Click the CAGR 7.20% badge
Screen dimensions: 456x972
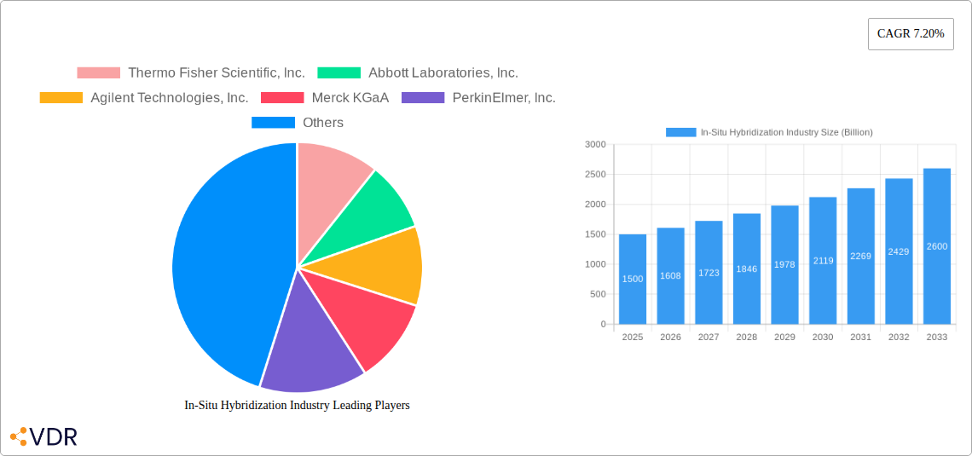[x=910, y=34]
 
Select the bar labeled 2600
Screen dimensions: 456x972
[x=937, y=246]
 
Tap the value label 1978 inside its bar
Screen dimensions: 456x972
[x=784, y=265]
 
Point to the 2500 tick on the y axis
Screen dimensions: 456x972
[x=595, y=175]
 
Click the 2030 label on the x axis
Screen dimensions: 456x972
[x=823, y=338]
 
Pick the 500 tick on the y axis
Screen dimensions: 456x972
[x=598, y=295]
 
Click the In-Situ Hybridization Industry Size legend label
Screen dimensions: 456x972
[x=785, y=132]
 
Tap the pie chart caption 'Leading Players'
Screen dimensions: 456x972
[x=297, y=406]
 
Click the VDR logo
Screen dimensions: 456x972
[x=43, y=437]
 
